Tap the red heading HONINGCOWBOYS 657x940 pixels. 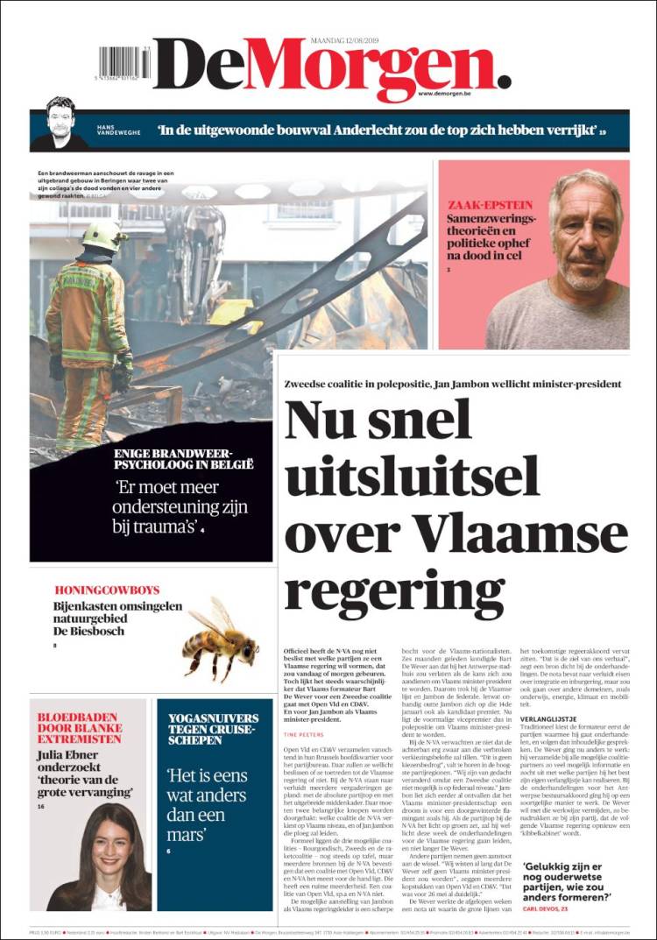point(106,590)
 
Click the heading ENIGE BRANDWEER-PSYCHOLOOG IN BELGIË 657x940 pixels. point(183,458)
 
